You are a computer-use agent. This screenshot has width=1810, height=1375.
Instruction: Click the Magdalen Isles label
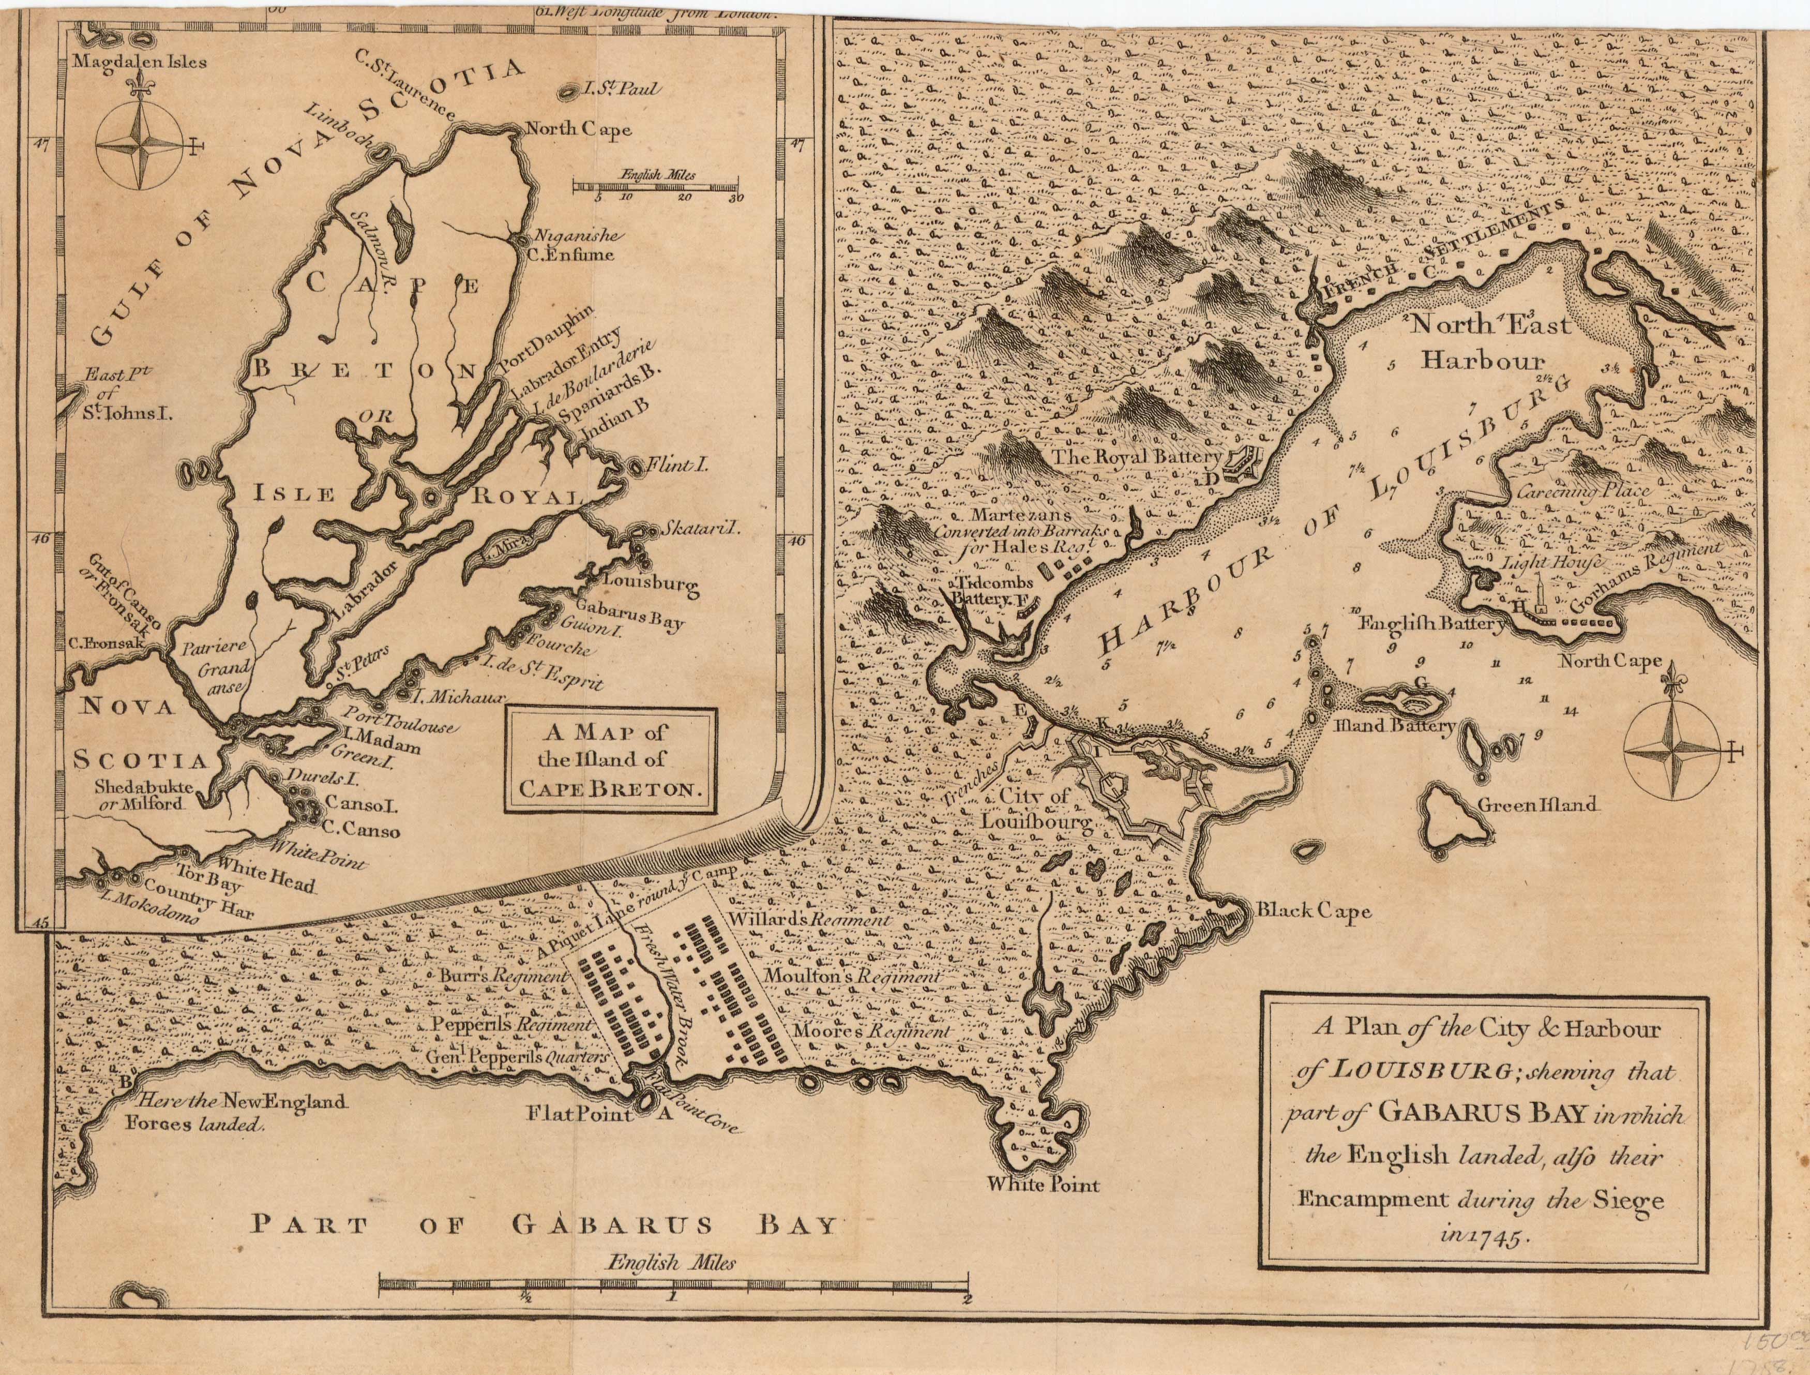click(x=140, y=62)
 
